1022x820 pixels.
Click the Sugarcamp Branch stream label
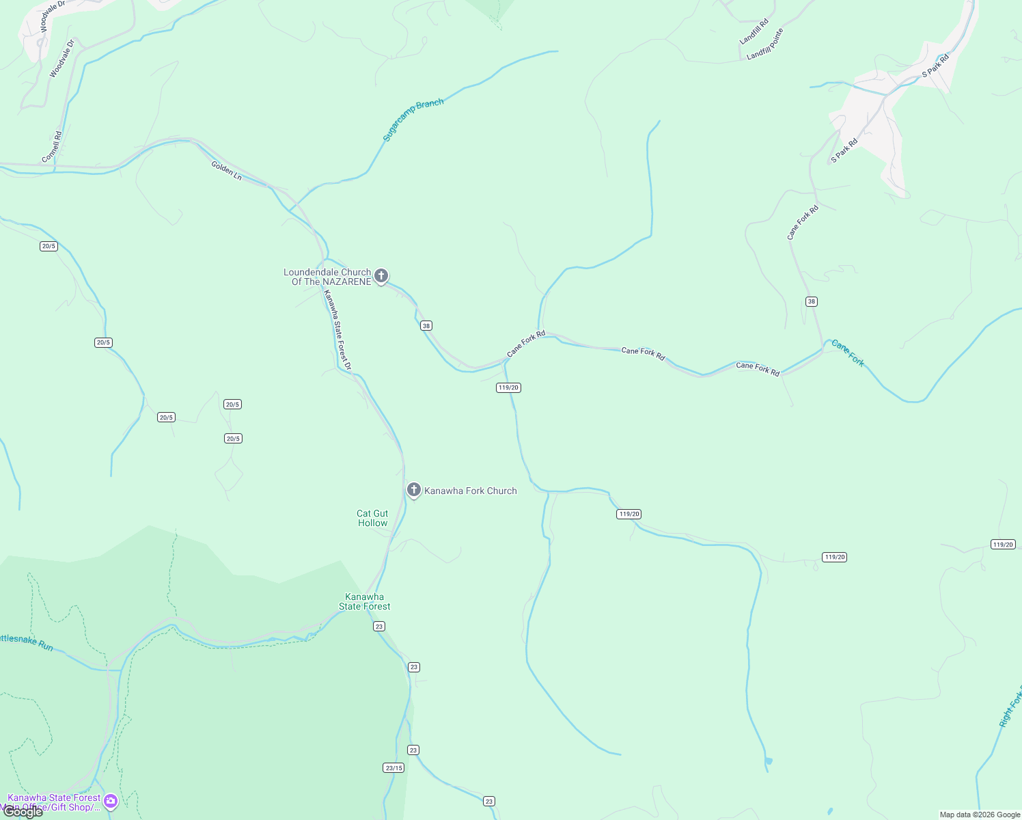tap(413, 120)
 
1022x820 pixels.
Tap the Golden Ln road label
tap(226, 171)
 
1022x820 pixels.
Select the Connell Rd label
tap(52, 147)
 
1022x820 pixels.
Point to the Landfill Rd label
tap(754, 31)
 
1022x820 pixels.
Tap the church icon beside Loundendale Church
tap(381, 276)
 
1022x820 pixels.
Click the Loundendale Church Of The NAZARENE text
tap(327, 277)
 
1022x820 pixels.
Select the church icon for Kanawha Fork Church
tap(413, 490)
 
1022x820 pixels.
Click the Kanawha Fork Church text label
tap(471, 491)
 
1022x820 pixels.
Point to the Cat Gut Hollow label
tap(372, 518)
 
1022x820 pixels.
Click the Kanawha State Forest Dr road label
tap(337, 331)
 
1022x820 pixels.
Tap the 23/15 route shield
tap(393, 767)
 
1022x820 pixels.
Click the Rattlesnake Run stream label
tap(27, 642)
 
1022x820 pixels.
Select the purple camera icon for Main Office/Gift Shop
tap(111, 801)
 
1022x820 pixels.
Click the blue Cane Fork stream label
tap(848, 353)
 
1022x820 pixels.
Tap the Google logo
tap(23, 812)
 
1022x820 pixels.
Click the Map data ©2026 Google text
tap(980, 815)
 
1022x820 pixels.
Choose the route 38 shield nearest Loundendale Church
tap(426, 326)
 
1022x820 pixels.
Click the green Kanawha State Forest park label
tap(365, 601)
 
